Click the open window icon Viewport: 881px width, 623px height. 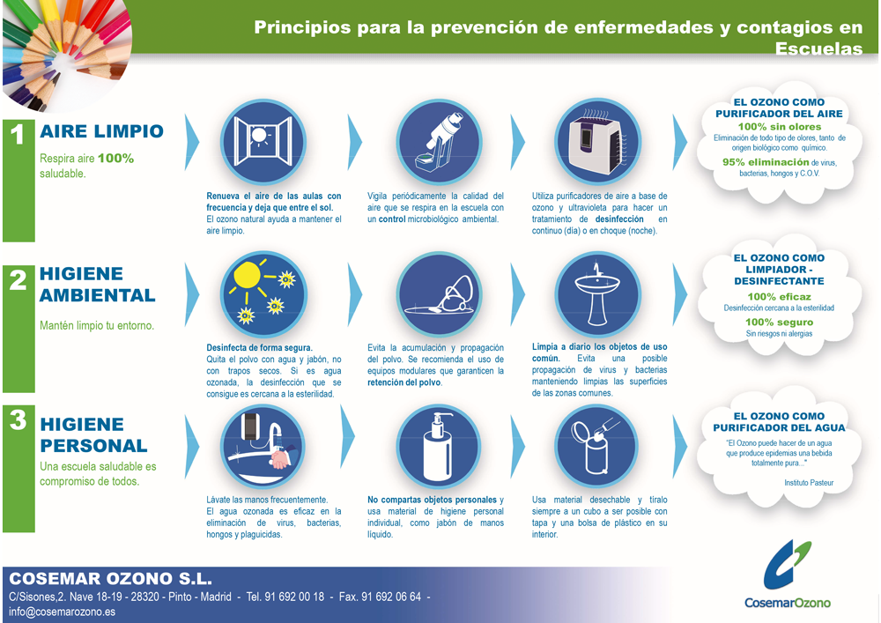(263, 142)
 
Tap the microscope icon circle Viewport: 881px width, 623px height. (439, 142)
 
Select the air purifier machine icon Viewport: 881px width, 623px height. (598, 142)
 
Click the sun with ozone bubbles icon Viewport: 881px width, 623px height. (263, 293)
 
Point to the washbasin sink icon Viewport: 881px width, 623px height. (598, 293)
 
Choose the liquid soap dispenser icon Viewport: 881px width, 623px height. (439, 447)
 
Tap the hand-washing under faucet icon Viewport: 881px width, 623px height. (263, 447)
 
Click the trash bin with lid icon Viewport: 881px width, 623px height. (598, 447)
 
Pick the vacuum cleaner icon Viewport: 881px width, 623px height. (439, 293)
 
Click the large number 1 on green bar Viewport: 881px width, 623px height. (18, 135)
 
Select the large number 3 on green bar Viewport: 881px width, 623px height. (18, 419)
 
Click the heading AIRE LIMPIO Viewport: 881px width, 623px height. (101, 131)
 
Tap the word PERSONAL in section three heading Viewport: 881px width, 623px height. (94, 446)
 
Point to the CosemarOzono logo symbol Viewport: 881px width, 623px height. (787, 565)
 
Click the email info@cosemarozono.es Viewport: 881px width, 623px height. (62, 612)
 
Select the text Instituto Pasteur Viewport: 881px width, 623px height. (809, 483)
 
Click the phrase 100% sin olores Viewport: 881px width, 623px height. (780, 127)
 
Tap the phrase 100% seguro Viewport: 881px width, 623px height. (780, 322)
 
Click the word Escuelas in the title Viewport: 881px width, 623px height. (818, 48)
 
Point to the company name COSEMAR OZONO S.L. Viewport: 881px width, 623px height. (111, 579)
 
